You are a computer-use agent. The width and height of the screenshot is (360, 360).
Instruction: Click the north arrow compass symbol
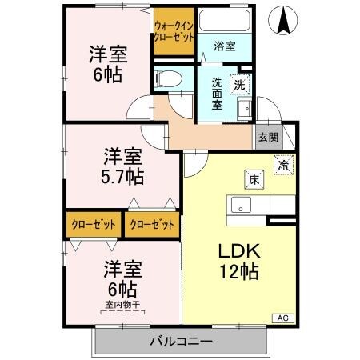(282, 20)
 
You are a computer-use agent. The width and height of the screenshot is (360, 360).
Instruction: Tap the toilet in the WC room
(168, 78)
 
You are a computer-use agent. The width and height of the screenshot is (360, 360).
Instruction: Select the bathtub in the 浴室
(225, 20)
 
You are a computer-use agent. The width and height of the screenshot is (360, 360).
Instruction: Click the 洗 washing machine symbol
(240, 85)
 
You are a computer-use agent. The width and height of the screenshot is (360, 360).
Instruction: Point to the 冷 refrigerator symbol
(283, 165)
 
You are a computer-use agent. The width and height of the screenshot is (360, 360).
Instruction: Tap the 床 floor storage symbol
(254, 180)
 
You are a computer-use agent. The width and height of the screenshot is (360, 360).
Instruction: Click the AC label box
(283, 318)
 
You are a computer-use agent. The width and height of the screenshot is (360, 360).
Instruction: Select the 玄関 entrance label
(268, 138)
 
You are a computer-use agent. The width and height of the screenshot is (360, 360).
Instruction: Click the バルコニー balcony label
(182, 341)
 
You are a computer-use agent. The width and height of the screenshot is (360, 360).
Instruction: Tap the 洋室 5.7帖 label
(123, 166)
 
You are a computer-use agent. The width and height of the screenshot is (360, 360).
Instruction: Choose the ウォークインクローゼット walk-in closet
(174, 31)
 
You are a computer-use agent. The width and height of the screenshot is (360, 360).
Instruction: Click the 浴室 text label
(225, 46)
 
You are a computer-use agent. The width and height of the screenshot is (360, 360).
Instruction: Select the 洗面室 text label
(217, 94)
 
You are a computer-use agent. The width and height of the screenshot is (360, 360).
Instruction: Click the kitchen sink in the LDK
(241, 205)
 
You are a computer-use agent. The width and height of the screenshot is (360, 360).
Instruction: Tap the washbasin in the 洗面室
(244, 109)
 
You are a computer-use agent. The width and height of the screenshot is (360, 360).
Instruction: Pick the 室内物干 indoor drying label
(123, 304)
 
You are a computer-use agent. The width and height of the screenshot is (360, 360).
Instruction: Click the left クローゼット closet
(94, 225)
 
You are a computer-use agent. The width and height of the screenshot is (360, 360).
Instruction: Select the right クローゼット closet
(152, 225)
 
